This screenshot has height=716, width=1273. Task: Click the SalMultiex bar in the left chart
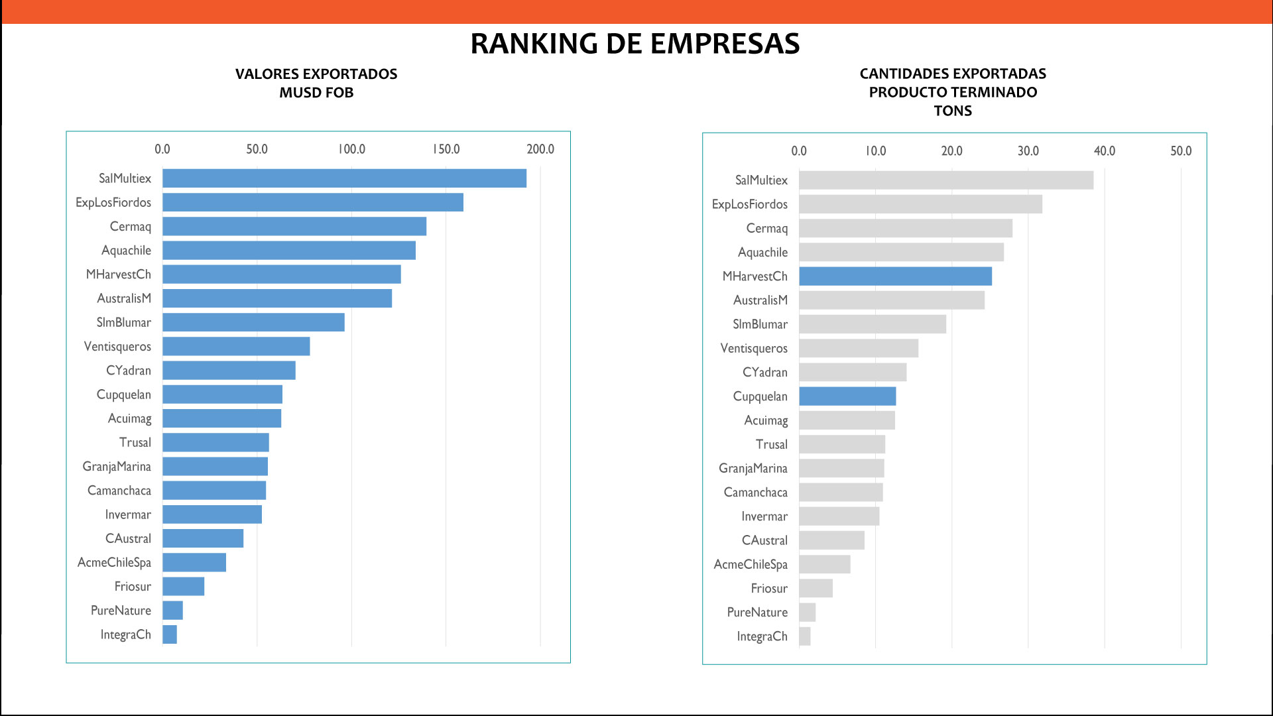pos(344,178)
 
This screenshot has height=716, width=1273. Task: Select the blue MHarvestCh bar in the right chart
pos(895,276)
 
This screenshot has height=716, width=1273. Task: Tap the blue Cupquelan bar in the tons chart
pos(847,396)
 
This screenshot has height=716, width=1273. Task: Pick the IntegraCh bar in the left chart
pos(170,634)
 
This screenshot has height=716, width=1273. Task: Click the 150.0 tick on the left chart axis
pos(446,149)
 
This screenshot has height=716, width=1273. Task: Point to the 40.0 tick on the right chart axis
pos(1105,151)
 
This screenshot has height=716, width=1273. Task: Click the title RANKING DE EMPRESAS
pos(635,44)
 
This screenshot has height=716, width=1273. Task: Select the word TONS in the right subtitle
pos(953,111)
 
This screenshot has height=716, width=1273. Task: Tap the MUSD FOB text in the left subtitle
pos(316,93)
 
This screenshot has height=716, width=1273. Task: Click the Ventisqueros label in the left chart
pos(117,347)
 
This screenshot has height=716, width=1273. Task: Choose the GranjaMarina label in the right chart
pos(753,469)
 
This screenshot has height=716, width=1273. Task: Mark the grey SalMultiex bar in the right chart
pos(945,180)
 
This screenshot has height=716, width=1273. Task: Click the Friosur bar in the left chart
pos(184,587)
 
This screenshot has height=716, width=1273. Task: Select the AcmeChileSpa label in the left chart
pos(114,563)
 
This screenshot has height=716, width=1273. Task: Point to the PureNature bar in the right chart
pos(807,613)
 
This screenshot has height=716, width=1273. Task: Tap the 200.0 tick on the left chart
pos(540,149)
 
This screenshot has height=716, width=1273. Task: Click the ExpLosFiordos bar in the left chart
pos(312,202)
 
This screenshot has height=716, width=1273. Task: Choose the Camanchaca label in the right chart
pos(756,493)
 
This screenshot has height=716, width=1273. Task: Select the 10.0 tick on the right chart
pos(875,151)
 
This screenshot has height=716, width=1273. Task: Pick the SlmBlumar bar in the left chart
pos(253,322)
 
